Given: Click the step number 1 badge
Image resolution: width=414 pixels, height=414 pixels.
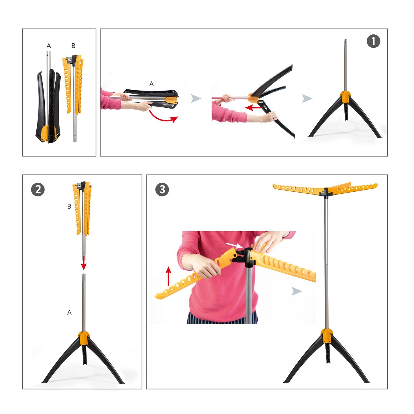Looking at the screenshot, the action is (x=373, y=41).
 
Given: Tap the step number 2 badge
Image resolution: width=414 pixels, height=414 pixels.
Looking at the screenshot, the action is (x=38, y=190).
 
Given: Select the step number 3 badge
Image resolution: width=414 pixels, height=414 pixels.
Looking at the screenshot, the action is (x=162, y=190).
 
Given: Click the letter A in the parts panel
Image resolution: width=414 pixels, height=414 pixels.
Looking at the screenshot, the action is (x=49, y=46).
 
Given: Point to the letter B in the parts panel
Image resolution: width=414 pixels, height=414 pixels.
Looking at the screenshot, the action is (x=73, y=46).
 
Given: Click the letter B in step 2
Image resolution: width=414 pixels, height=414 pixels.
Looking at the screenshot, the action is (x=69, y=206).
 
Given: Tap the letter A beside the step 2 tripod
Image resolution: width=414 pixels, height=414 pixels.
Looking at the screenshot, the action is (x=69, y=312).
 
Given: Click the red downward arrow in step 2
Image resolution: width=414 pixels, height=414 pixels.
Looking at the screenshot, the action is (x=84, y=262).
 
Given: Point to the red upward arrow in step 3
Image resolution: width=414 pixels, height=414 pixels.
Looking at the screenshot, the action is (x=169, y=276).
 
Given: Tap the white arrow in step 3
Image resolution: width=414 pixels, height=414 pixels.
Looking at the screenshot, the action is (x=234, y=245).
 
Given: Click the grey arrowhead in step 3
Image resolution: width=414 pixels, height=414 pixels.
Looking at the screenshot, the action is (x=297, y=291).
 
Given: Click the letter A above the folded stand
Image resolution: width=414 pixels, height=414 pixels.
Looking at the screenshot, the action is (x=152, y=84).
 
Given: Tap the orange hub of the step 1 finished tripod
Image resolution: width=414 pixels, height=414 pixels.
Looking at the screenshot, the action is (x=345, y=97).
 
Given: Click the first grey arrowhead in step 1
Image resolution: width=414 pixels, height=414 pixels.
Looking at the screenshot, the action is (x=196, y=98).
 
